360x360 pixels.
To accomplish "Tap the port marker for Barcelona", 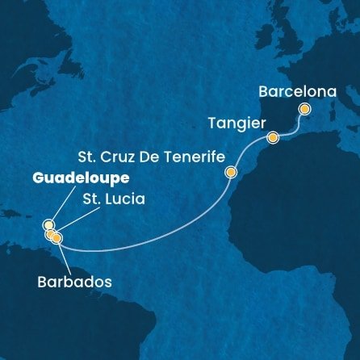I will [304, 108].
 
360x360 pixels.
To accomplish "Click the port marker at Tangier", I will [273, 137].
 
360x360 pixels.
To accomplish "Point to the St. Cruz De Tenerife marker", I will [232, 172].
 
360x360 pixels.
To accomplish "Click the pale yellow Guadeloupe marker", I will [48, 225].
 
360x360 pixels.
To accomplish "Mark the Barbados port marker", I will [57, 238].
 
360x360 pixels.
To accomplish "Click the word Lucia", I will [125, 196].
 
